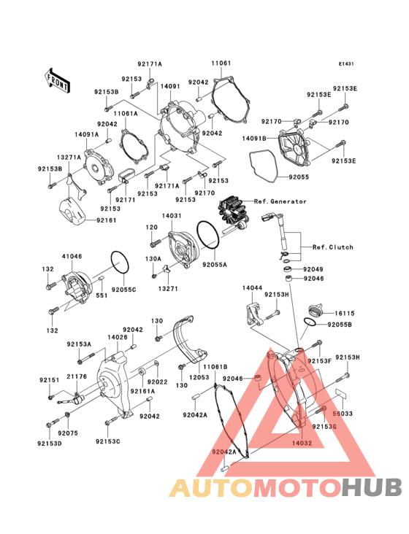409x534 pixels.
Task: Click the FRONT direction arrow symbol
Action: coord(58,78)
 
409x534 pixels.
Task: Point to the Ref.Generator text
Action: coord(280,201)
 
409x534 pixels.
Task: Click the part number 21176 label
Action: coord(77,376)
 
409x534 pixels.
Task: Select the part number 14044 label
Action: coord(252,289)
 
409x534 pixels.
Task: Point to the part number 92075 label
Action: coord(68,433)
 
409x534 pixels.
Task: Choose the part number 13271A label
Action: coord(70,157)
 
